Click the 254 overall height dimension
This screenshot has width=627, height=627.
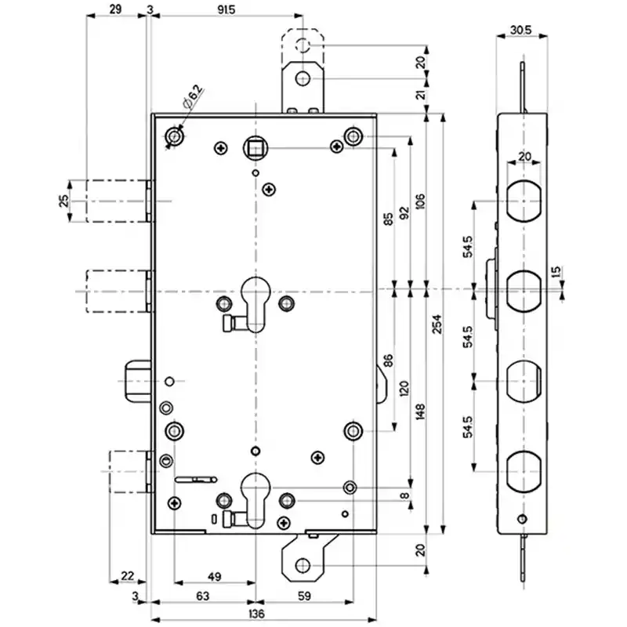(437, 324)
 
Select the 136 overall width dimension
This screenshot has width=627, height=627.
(256, 614)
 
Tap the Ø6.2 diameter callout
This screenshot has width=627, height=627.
(193, 97)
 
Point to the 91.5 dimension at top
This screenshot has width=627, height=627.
(227, 9)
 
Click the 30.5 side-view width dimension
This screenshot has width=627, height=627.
(521, 30)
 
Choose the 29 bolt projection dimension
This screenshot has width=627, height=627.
(115, 9)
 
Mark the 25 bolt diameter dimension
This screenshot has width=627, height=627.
(64, 201)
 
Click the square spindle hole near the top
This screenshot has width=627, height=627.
(256, 148)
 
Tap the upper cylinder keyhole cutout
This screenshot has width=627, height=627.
(256, 305)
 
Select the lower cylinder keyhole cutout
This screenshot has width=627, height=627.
(256, 501)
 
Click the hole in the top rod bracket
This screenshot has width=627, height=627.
(303, 78)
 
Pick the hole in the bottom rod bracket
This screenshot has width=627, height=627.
(303, 565)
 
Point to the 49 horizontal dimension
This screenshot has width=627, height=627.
(215, 577)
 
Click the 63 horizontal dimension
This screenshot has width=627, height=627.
(203, 596)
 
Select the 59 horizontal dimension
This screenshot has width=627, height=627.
(304, 596)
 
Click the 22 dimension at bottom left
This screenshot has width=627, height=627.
(128, 576)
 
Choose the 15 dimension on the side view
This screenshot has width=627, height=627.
(556, 272)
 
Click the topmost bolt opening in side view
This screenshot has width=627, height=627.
(524, 201)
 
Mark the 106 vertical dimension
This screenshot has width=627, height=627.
(420, 202)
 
